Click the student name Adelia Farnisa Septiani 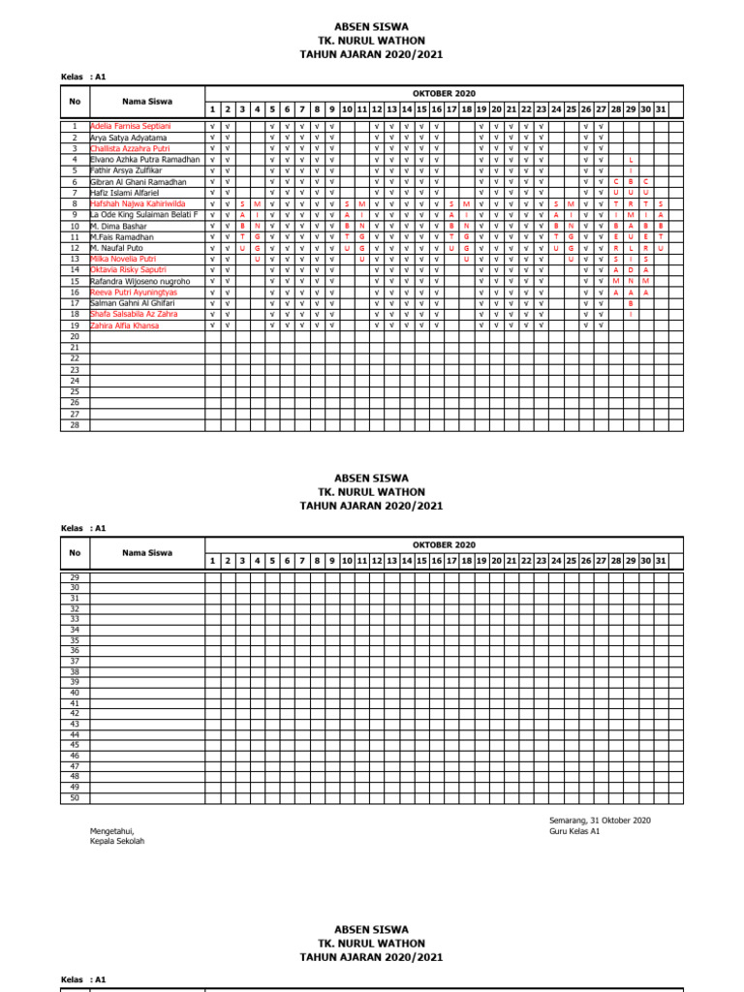pyautogui.click(x=130, y=126)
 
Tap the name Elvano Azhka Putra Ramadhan pyautogui.click(x=144, y=160)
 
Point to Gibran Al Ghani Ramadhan pyautogui.click(x=138, y=182)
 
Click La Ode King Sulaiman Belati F pyautogui.click(x=143, y=215)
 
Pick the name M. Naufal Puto pyautogui.click(x=117, y=248)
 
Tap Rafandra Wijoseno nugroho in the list pyautogui.click(x=139, y=281)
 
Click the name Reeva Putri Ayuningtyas pyautogui.click(x=135, y=293)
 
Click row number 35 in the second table pyautogui.click(x=75, y=640)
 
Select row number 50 pyautogui.click(x=75, y=797)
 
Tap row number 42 pyautogui.click(x=75, y=714)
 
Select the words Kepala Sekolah pyautogui.click(x=117, y=841)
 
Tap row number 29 pyautogui.click(x=75, y=577)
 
